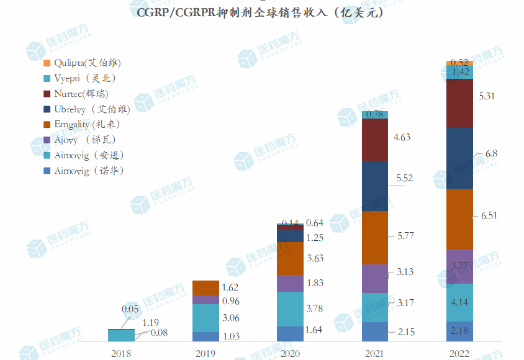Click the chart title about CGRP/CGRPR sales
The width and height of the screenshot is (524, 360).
point(261,12)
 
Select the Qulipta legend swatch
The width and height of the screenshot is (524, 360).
point(47,63)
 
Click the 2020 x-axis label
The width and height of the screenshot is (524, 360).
point(290,353)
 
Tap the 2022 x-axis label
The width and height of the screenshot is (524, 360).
point(459,353)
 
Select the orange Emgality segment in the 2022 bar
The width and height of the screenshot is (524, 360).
point(459,219)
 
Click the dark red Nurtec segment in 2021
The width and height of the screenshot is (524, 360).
point(375,140)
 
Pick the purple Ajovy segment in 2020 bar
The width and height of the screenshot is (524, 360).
point(290,283)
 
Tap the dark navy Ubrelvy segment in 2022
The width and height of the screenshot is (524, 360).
point(459,158)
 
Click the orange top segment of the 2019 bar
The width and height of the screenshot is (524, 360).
point(205,288)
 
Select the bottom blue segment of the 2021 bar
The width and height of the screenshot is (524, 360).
point(375,331)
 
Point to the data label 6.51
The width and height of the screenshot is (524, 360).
point(489,215)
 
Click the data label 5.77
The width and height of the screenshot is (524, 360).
point(405,236)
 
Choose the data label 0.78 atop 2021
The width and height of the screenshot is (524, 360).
point(374,114)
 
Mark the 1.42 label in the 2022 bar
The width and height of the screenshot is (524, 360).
point(460,72)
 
